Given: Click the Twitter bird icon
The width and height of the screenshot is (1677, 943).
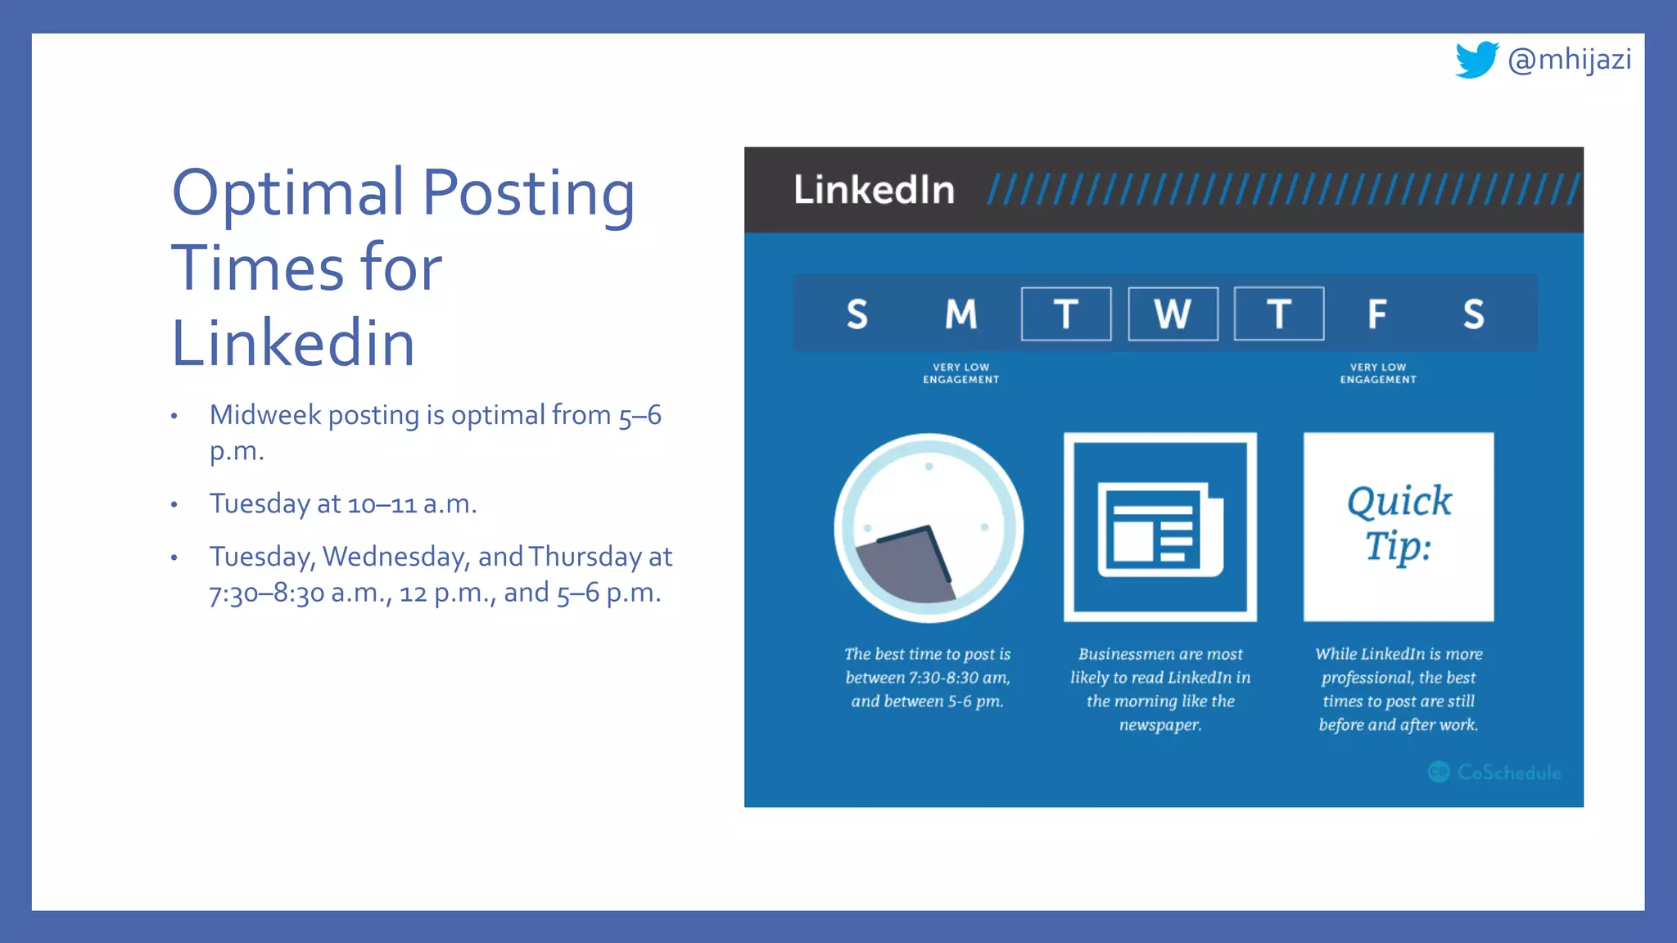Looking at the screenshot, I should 1476,60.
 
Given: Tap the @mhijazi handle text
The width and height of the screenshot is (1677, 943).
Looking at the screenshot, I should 1570,60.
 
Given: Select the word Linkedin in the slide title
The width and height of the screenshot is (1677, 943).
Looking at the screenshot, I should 293,343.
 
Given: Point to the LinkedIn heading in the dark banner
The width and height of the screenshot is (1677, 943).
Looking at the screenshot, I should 874,190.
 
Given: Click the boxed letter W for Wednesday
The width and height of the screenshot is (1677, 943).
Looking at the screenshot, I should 1173,314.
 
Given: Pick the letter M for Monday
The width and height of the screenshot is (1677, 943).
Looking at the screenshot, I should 961,314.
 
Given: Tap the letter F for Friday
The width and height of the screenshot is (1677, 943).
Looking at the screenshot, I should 1377,314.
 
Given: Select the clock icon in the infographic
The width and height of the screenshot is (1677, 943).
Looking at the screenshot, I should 929,528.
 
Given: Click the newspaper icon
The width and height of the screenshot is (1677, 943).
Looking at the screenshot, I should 1160,528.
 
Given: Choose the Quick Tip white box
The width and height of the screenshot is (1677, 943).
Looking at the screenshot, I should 1399,526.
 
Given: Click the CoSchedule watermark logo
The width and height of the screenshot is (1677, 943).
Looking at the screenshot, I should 1494,772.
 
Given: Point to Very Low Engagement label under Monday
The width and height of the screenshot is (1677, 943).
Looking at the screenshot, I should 961,373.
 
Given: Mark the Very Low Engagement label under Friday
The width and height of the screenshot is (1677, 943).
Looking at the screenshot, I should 1378,373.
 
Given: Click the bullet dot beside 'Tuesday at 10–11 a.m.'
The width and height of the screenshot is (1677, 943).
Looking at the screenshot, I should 174,505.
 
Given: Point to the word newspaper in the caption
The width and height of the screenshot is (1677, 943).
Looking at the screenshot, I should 1160,724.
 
